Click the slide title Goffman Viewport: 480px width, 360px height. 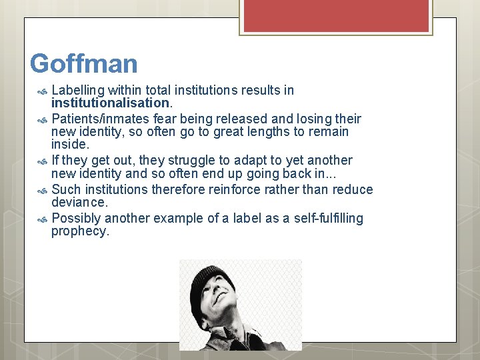point(84,64)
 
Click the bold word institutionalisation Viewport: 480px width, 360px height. point(111,103)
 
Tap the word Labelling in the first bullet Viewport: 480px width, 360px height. point(78,90)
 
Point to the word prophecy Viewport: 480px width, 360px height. point(79,232)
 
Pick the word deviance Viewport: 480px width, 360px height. point(79,203)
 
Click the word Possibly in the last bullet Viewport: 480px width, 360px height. point(77,219)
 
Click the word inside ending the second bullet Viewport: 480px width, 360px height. point(69,145)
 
